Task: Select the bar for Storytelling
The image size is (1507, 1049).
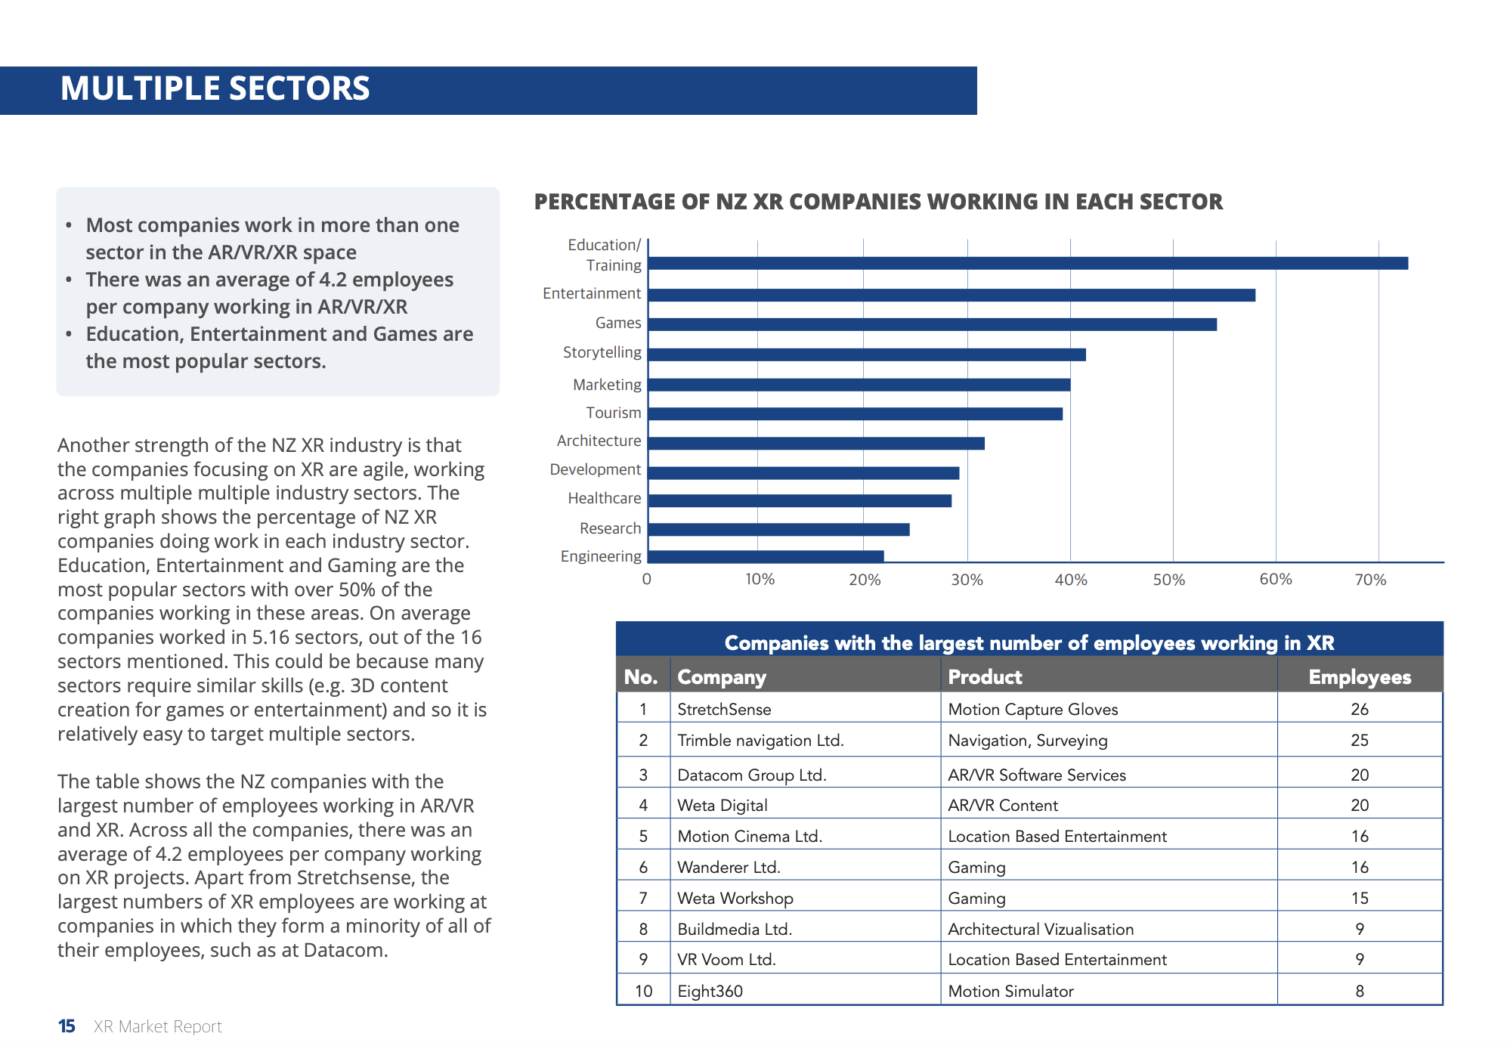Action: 867,354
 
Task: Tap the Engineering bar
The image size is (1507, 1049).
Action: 766,556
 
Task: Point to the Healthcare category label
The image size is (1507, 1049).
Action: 604,498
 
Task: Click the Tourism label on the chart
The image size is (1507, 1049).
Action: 613,413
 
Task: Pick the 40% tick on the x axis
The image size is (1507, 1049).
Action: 1070,580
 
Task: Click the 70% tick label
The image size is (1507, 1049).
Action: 1370,580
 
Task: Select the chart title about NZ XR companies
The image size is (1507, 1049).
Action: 878,202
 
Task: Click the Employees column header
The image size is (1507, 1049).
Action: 1360,677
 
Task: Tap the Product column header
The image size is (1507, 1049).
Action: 985,677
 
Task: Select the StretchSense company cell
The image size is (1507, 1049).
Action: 724,709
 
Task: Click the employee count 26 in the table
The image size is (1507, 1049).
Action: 1360,709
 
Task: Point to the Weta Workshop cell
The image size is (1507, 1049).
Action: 735,898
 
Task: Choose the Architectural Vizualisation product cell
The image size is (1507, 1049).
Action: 1041,929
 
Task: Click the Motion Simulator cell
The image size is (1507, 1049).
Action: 1010,991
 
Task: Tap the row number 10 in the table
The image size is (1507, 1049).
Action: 643,991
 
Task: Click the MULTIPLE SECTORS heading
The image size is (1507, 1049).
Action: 215,88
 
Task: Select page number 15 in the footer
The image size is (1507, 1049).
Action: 67,1026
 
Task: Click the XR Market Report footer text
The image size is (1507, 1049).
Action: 158,1026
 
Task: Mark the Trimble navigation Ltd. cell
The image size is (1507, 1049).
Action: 760,740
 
